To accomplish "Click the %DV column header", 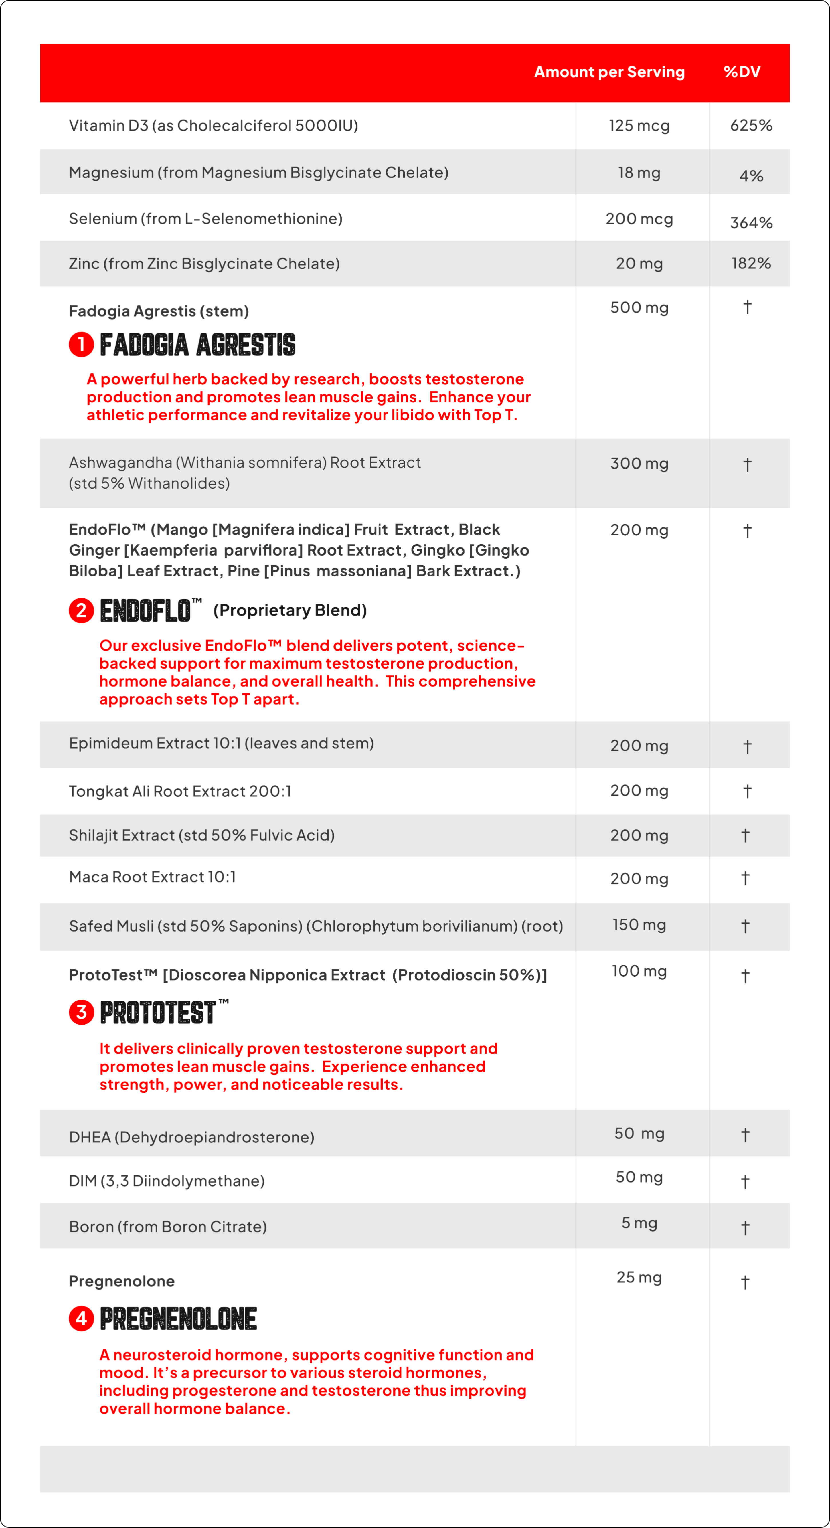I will point(742,72).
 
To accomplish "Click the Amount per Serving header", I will point(609,72).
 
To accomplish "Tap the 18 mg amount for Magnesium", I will point(639,173).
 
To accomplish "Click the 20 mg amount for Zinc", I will point(639,263).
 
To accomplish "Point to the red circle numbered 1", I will point(81,344).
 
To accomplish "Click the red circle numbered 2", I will point(81,610).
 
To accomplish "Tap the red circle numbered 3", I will point(81,1012).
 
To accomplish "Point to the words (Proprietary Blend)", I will point(290,610).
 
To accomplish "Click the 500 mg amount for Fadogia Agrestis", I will point(639,307).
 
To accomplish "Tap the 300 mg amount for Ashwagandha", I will point(639,463).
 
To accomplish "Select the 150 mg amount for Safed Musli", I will point(639,925).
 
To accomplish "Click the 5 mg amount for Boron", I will point(639,1223).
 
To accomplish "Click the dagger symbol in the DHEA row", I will point(745,1135).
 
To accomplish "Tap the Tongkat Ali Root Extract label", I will point(180,791).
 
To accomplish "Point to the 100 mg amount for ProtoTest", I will point(639,971).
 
